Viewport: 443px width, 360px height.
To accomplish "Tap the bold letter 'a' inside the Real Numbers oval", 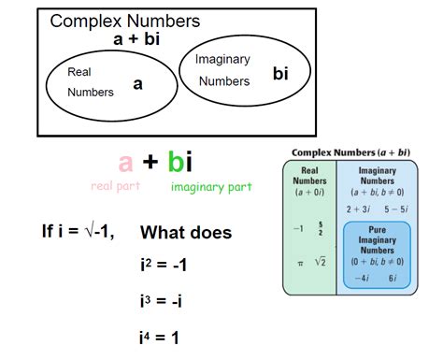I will (x=137, y=84).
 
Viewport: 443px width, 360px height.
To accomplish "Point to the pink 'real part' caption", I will (x=115, y=186).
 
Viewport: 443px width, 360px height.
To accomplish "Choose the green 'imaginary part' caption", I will (x=211, y=186).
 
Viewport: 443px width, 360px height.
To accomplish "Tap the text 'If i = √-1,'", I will (x=78, y=232).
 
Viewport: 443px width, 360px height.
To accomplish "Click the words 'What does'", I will (x=186, y=233).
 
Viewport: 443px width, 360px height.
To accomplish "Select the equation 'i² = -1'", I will (x=164, y=266).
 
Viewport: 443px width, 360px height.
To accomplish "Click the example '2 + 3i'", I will (x=358, y=209).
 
